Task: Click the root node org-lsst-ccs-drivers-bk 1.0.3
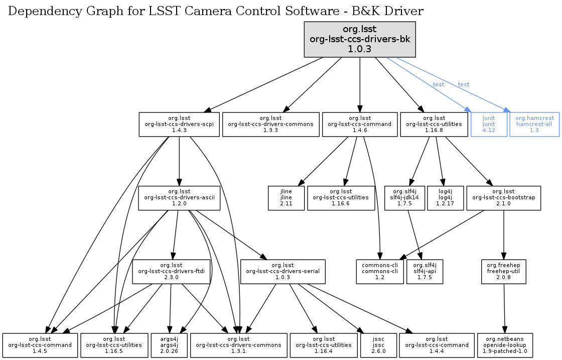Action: point(360,39)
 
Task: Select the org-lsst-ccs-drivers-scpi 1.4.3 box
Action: point(179,124)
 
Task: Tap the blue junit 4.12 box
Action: point(489,124)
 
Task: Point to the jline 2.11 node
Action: point(286,198)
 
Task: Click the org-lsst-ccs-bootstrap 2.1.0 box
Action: point(503,198)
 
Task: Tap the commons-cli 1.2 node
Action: point(380,272)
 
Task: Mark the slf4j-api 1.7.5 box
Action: point(425,272)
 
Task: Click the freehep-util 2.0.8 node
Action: point(503,272)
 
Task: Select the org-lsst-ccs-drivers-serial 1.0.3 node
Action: point(283,272)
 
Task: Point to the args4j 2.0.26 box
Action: point(169,345)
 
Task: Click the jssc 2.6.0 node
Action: point(378,345)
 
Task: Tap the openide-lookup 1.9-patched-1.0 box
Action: point(505,345)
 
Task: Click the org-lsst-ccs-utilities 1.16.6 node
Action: point(341,198)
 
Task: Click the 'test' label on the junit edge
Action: point(439,84)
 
